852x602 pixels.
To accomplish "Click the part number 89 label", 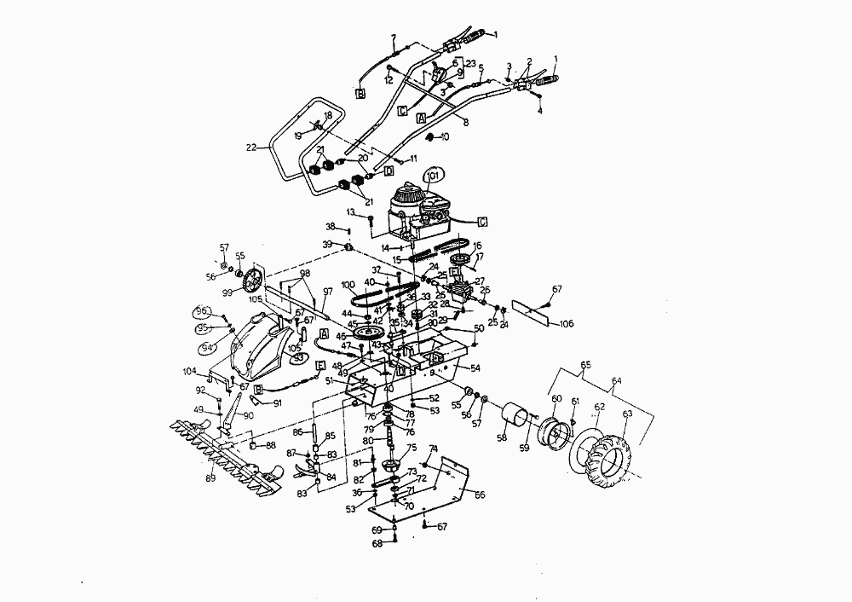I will [210, 478].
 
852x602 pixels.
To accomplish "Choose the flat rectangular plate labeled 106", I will [536, 314].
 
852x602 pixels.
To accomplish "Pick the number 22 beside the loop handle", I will [251, 147].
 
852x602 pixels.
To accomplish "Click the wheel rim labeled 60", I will [560, 434].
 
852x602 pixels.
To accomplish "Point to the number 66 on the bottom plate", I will [480, 495].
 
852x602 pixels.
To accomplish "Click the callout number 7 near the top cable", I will [394, 38].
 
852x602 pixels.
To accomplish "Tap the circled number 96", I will [202, 310].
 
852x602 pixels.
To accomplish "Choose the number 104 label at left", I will [190, 372].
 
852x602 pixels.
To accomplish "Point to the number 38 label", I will [331, 227].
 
